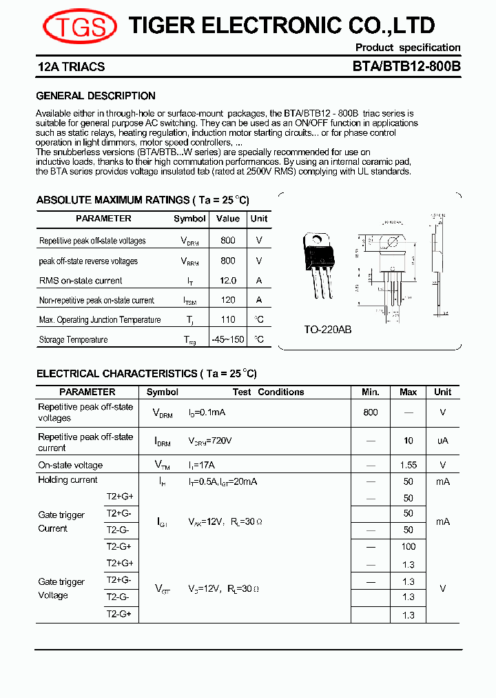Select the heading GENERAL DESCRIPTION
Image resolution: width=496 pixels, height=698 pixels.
coord(96,96)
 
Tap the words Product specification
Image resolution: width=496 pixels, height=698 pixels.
coord(408,48)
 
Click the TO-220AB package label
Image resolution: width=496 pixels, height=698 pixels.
coord(328,330)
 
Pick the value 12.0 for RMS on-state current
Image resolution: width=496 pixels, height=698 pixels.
coord(227,281)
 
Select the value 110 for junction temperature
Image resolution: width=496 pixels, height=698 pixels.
coord(227,319)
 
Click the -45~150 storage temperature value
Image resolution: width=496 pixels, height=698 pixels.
coord(227,339)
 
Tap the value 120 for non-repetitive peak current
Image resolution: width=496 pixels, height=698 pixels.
coord(227,300)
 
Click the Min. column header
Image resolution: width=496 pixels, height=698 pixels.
coord(371,392)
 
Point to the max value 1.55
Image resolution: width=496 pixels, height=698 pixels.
coord(409,466)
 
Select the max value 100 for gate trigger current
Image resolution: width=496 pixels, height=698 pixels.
coord(409,546)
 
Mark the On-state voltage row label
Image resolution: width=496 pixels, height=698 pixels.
coord(70,466)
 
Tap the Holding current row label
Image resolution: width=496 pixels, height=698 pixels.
coord(68,480)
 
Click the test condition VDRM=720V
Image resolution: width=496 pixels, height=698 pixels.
coord(210,441)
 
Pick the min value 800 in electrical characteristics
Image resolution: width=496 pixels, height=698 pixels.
coord(371,412)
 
